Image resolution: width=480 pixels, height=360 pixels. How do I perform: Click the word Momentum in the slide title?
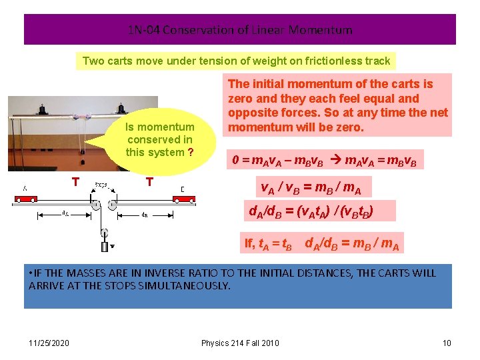(x=325, y=30)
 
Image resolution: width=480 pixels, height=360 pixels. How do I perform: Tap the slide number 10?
(x=447, y=343)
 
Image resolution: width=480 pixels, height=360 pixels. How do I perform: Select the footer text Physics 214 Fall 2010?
(x=240, y=343)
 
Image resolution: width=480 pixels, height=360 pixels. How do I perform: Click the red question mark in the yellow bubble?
(x=191, y=152)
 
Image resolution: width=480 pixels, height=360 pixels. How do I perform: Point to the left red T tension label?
(x=77, y=182)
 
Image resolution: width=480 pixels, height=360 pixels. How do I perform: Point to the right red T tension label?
(x=150, y=182)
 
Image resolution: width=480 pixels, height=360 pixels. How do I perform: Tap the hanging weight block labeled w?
(x=105, y=247)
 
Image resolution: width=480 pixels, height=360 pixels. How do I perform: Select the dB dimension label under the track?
(x=144, y=215)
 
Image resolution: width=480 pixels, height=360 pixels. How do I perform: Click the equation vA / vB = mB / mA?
(x=311, y=189)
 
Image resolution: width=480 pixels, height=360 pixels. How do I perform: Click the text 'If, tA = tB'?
(x=268, y=244)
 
